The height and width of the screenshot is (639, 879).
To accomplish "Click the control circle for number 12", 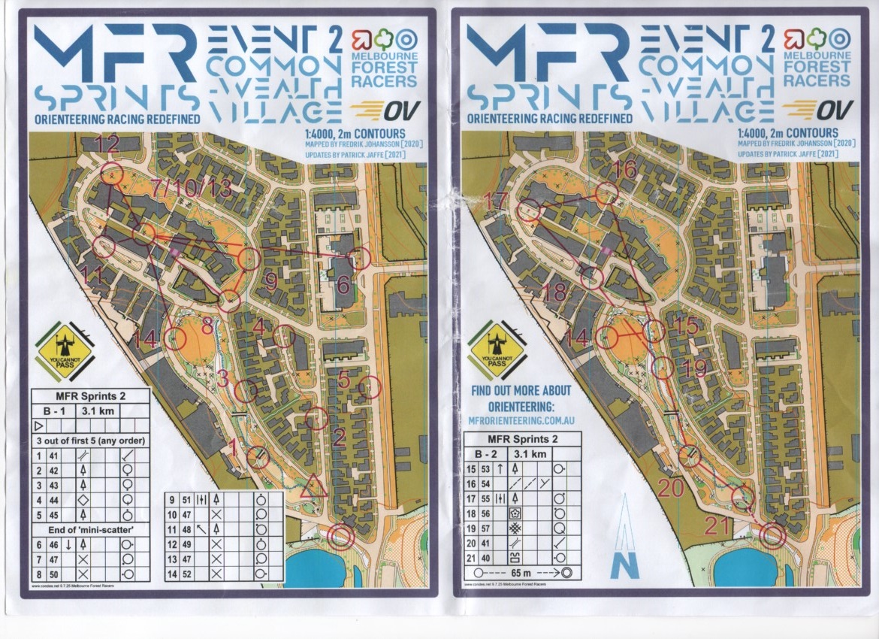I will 112,173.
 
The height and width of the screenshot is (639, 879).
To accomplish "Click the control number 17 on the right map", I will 497,201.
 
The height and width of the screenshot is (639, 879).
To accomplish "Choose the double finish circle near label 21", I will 772,535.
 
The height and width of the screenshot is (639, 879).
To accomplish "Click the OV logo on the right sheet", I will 821,109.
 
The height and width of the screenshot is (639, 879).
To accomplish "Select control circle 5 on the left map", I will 370,389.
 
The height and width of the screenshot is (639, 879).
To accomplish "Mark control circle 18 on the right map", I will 592,278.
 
